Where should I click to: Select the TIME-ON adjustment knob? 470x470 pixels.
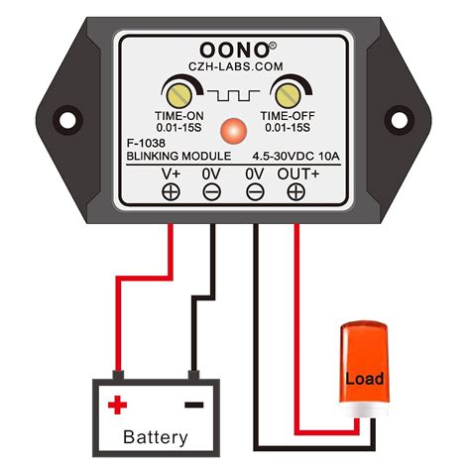point(179,95)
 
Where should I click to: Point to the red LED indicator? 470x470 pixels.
point(234,130)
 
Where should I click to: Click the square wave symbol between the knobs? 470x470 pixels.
point(234,97)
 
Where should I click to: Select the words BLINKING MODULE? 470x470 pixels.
point(179,156)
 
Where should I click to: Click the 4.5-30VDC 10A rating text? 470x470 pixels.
point(294,156)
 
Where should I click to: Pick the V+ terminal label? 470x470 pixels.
point(172,174)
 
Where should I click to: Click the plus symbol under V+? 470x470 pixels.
point(172,191)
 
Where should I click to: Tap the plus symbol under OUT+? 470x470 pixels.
point(295,191)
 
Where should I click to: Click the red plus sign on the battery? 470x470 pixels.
point(118,405)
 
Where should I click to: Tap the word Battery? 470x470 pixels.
point(155,437)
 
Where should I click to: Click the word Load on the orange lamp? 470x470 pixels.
point(365,378)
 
